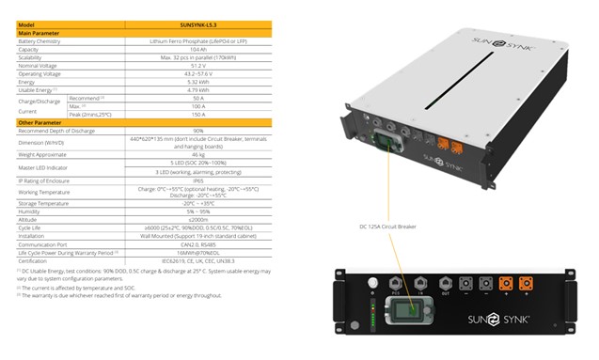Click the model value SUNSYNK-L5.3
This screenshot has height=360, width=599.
coord(198,25)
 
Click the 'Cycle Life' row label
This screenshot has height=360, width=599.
coord(31,227)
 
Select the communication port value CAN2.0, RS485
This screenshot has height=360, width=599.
coord(198,244)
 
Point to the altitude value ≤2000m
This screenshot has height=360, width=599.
coord(198,219)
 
